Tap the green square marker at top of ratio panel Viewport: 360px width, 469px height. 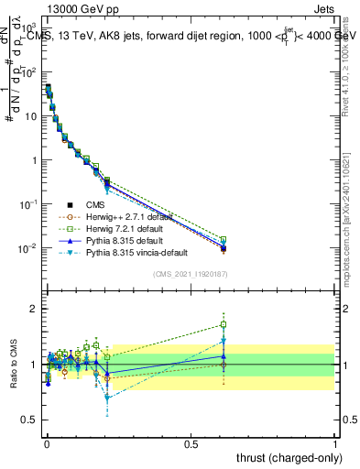pos(326,324)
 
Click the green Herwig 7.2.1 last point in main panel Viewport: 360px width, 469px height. pos(326,240)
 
